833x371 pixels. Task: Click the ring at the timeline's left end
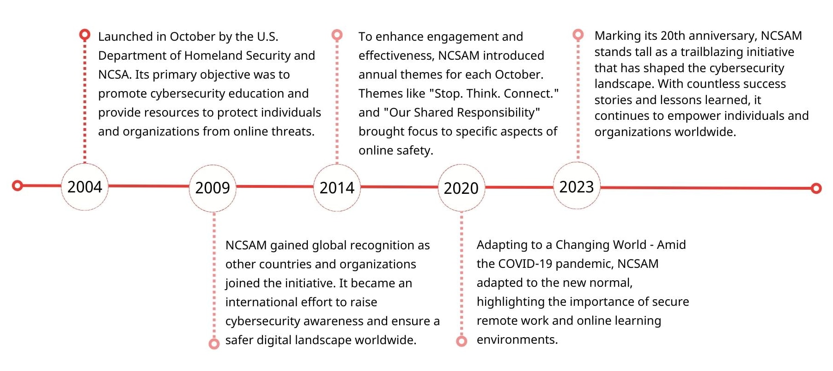18,185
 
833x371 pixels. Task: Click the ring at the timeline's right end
816,188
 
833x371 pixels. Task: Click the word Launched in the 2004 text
125,37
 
